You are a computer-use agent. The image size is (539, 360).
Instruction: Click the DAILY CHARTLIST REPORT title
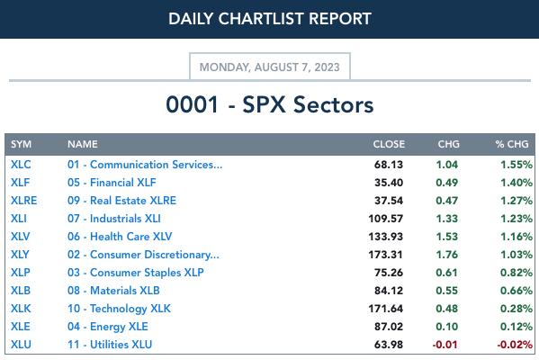270,19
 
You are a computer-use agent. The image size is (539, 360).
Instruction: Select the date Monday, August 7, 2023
270,67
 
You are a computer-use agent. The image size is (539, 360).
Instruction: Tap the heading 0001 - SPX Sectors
270,104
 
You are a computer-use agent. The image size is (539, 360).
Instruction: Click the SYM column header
21,144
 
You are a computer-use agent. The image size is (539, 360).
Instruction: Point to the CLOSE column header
389,144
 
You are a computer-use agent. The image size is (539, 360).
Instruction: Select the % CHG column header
512,144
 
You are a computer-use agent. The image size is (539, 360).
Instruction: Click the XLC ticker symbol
21,165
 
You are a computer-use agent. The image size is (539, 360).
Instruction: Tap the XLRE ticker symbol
23,201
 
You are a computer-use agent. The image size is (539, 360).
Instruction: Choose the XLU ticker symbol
21,344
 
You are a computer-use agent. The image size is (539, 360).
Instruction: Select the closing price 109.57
385,219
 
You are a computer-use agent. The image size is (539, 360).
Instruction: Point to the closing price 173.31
385,255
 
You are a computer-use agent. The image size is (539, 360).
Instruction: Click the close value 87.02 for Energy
389,327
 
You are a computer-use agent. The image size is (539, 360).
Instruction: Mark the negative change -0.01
445,345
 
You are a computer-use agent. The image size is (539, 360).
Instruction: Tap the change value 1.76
447,255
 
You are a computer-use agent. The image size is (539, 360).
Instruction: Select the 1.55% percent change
517,165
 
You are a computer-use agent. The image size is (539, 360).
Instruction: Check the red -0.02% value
515,345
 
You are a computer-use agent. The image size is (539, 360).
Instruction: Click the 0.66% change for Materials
517,291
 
